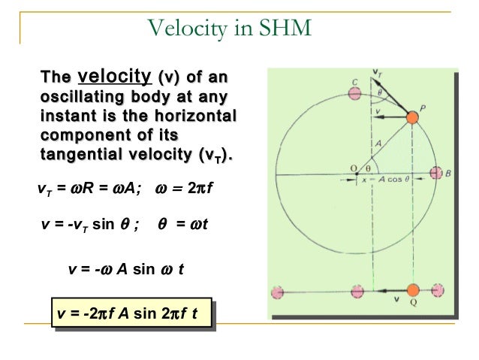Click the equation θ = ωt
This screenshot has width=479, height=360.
(185, 224)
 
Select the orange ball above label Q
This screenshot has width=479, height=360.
(412, 290)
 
